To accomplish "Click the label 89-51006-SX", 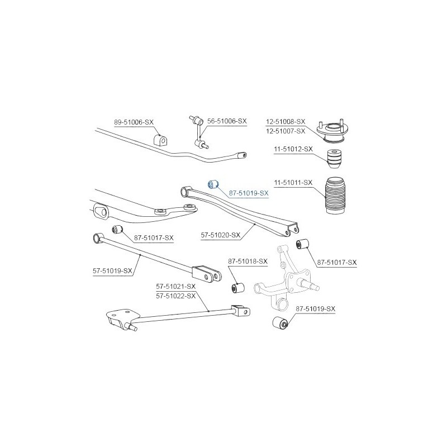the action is pos(134,122).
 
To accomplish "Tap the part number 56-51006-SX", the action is pos(227,121).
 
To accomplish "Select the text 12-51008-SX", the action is pos(286,122).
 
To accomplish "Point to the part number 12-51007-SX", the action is pos(286,131).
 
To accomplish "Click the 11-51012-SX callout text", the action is pos(293,149).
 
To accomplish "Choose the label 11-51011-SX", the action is pos(293,183).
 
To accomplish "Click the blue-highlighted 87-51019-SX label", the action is pos(249,193).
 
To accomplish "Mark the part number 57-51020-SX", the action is pos(221,235).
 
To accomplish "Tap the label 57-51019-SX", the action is pos(113,271).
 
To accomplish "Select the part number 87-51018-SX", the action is pos(248,261).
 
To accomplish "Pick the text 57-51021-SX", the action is pos(176,286).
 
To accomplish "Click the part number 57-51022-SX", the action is pos(176,296).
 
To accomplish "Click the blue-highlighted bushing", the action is pos(212,184).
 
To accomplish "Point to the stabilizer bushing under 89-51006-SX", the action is pos(160,139).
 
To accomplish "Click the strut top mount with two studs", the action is pos(332,131).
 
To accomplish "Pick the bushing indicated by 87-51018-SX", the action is pos(237,287).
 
